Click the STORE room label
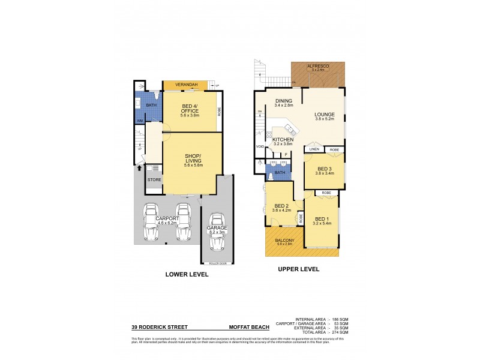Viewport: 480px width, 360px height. (x=154, y=179)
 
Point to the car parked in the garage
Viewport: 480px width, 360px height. (x=217, y=233)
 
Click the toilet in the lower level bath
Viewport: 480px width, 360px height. (x=156, y=96)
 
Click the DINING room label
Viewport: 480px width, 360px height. (x=284, y=101)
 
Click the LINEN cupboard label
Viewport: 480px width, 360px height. (x=314, y=149)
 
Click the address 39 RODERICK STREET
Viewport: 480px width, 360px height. (x=160, y=328)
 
